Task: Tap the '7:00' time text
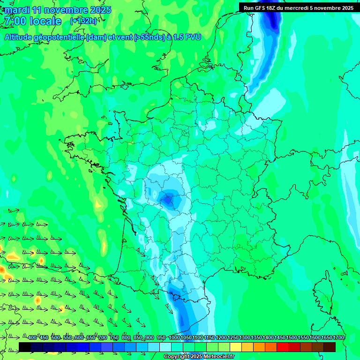[14, 21]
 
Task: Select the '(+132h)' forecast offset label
[83, 21]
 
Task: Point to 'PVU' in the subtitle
[193, 37]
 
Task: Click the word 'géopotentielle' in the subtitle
[58, 37]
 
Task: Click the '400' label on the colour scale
[32, 338]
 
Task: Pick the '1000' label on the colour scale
[174, 338]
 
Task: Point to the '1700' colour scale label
[338, 338]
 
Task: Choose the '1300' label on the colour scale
[245, 338]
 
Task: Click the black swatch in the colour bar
[25, 346]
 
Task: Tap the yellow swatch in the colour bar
[236, 346]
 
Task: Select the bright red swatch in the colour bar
[283, 346]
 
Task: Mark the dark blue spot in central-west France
[167, 200]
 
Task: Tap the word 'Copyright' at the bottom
[177, 357]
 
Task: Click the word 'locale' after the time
[45, 21]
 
